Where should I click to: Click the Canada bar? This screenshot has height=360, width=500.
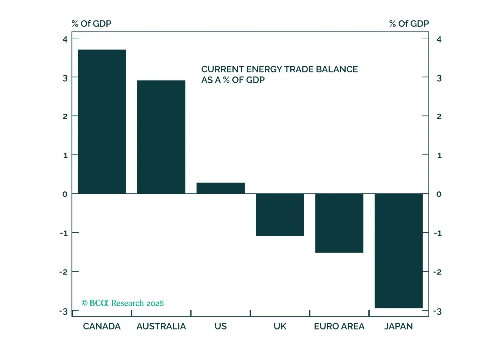click(102, 121)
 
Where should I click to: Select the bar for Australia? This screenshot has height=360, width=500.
click(161, 137)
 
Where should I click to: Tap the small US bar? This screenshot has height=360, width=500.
click(220, 188)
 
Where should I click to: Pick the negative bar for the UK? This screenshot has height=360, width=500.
click(280, 215)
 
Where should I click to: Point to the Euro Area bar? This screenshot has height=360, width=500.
click(339, 223)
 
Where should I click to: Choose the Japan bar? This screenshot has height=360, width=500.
click(398, 250)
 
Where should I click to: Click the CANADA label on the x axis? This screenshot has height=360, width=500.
click(102, 326)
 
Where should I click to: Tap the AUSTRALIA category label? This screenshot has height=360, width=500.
click(161, 326)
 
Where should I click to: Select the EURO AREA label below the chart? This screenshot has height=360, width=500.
click(339, 326)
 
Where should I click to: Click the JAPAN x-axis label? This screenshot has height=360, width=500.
click(398, 326)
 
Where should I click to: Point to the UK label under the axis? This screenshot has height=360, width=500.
click(280, 326)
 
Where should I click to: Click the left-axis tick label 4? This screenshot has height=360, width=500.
click(65, 39)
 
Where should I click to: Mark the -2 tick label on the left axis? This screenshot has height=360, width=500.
click(63, 272)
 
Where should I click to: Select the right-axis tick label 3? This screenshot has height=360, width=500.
click(439, 78)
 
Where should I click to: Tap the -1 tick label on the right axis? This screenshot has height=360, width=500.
click(438, 233)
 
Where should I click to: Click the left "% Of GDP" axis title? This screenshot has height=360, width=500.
click(91, 24)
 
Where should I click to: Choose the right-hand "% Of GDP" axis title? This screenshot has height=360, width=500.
click(409, 24)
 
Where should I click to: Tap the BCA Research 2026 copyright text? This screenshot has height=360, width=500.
click(122, 303)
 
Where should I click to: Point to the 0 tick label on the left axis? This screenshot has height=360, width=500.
click(65, 194)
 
